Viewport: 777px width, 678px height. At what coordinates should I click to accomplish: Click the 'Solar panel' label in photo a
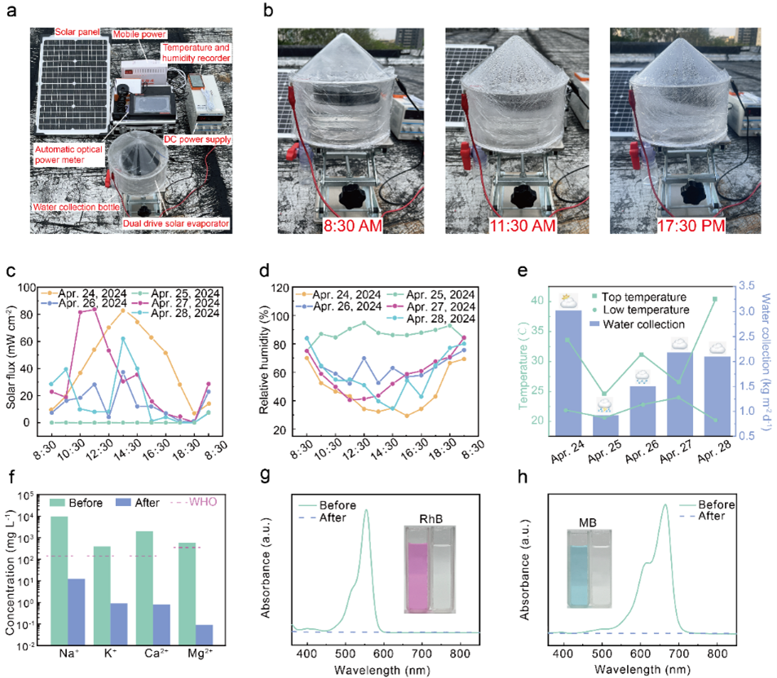click(77, 32)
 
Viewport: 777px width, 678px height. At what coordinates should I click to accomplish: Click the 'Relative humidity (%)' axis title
click(265, 358)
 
